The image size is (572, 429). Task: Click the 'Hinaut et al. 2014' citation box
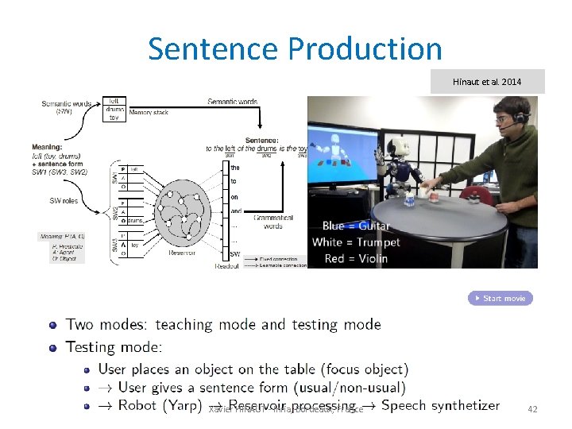coord(487,81)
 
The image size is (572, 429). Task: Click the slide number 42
coord(532,408)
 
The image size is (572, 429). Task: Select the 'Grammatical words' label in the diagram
coord(272,221)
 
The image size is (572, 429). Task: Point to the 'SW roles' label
coord(64,201)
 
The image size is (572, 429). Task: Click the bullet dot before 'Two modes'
coord(53,324)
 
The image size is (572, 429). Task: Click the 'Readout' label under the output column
coord(226,266)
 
